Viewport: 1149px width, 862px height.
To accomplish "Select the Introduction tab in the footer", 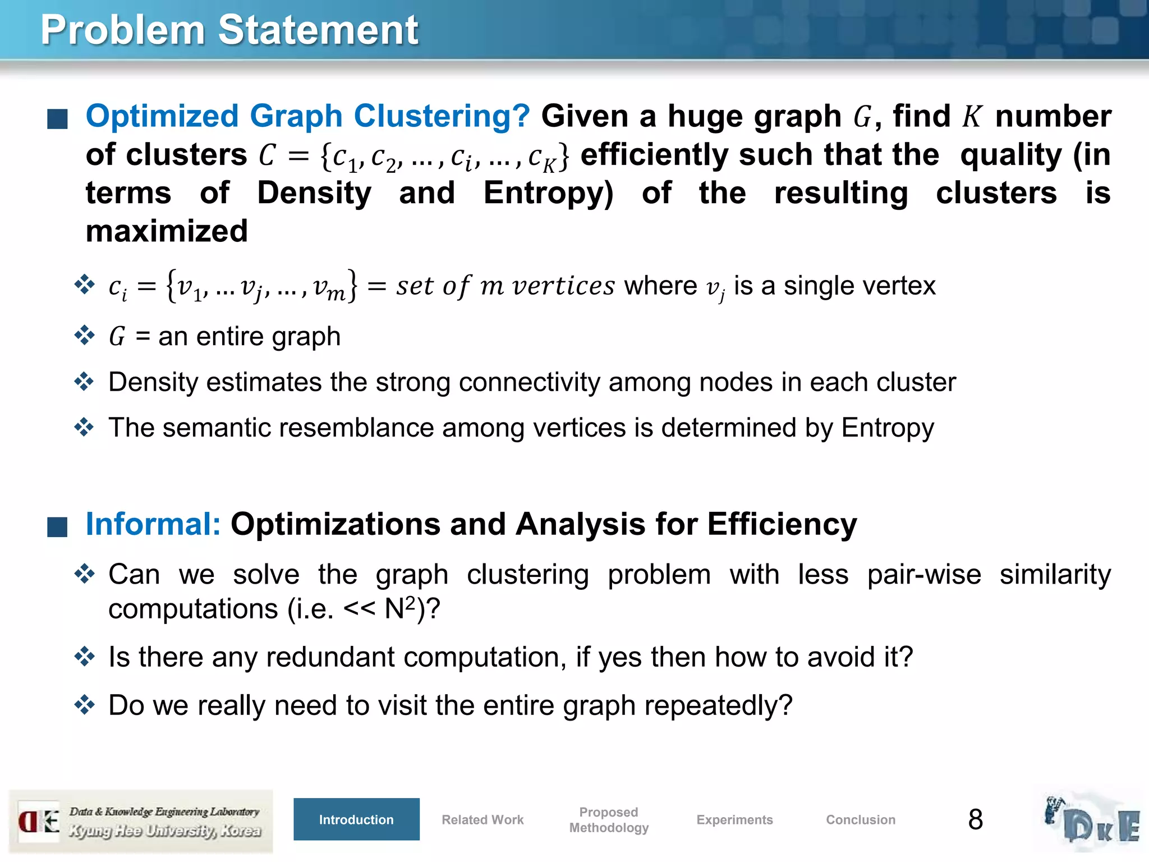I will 356,819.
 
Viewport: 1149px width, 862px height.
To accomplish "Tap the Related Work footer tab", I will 482,819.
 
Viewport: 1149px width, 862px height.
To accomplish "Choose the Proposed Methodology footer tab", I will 609,819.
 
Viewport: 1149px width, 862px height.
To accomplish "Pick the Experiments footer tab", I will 734,819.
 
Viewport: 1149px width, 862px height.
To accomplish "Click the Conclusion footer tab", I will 861,819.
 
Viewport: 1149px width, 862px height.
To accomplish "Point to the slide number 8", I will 976,819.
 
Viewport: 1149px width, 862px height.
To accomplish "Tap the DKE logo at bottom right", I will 1091,820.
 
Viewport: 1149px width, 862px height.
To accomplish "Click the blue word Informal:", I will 153,524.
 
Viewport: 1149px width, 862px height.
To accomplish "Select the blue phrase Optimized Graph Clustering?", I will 307,116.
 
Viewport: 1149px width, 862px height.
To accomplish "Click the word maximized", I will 167,231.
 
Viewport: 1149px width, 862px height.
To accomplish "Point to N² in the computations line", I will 400,608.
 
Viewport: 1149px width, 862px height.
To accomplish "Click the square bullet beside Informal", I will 57,526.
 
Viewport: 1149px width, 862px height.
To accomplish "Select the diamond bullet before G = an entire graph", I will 84,335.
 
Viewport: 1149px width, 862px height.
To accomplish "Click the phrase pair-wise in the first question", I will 924,575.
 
